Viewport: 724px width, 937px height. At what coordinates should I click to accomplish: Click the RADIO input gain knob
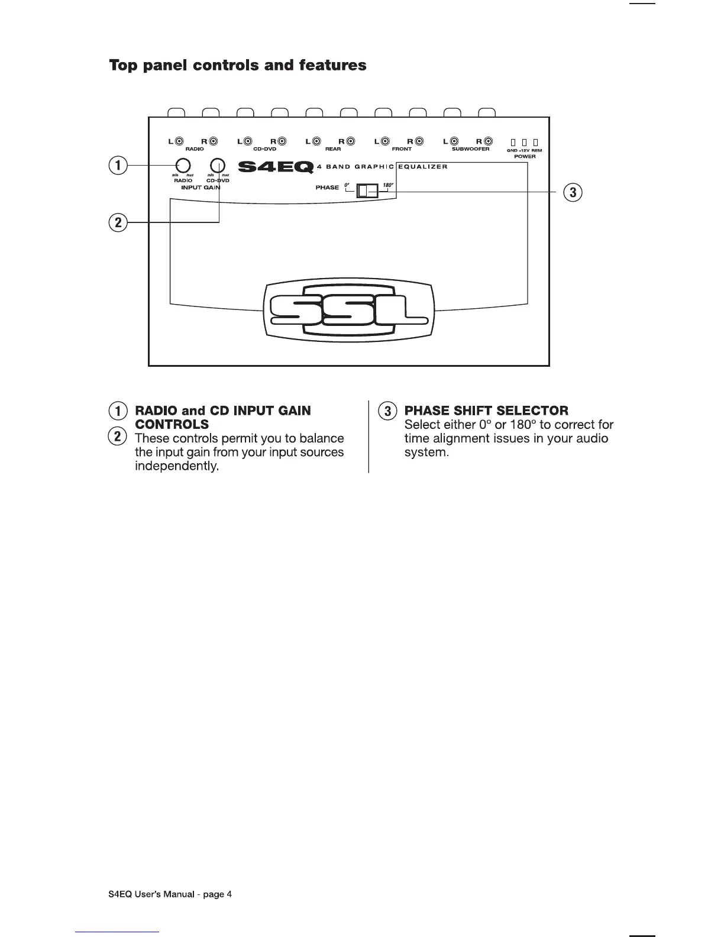pos(182,166)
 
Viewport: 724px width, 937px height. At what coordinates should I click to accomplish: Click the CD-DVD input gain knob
pos(218,166)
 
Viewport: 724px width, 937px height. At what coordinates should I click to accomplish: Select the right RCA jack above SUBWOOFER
pos(488,141)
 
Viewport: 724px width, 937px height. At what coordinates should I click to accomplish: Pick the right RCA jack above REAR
pos(351,141)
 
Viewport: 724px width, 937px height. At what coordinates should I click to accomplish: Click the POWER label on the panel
pos(525,157)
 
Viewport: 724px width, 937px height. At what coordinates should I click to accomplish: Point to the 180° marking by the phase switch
pos(388,186)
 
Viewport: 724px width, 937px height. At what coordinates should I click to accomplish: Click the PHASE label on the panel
pos(327,188)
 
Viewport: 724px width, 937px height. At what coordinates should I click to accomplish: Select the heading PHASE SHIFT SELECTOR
pos(486,411)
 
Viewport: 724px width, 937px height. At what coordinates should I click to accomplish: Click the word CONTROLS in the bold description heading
pos(172,425)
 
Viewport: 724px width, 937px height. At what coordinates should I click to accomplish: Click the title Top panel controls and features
pos(238,65)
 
